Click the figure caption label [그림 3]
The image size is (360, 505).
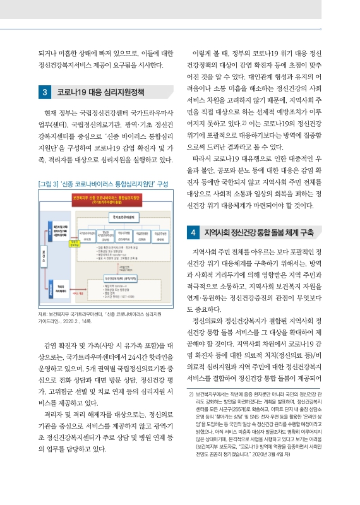(x=51, y=166)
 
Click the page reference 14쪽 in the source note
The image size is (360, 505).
(x=88, y=322)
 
